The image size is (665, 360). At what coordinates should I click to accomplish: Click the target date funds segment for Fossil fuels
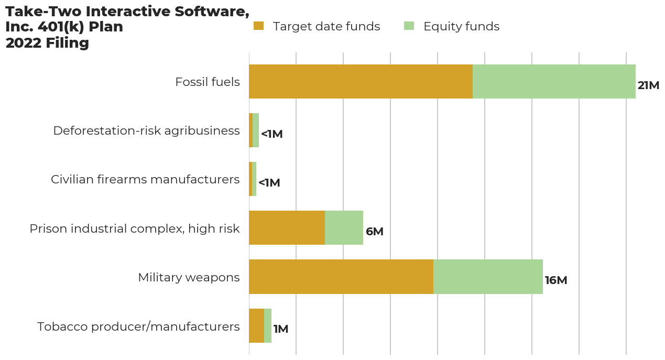(361, 82)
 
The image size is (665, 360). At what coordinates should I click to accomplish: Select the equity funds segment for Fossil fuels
(554, 82)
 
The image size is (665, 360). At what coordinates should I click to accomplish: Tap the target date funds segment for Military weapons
(341, 277)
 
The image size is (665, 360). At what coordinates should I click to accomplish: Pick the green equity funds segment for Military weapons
(488, 277)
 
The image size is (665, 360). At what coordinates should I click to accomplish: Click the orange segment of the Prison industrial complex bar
(287, 228)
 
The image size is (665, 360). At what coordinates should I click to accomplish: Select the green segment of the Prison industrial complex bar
(344, 228)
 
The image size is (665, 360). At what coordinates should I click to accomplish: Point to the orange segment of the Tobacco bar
(256, 325)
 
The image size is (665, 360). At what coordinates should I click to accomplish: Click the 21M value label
(648, 85)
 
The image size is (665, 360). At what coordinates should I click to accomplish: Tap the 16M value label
(556, 280)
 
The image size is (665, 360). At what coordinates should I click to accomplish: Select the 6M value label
(375, 232)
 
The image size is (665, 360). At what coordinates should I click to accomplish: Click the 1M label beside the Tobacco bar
(281, 329)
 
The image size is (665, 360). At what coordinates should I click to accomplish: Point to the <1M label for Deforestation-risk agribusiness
(271, 134)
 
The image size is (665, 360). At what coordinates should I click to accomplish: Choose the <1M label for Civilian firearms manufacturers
(269, 183)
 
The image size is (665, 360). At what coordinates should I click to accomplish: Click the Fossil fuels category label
(208, 82)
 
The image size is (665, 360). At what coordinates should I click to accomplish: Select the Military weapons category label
(189, 277)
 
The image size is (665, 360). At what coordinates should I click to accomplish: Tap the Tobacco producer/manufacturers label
(138, 326)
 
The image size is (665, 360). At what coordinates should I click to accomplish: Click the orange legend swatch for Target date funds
(259, 26)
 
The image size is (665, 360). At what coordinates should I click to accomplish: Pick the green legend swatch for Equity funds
(409, 26)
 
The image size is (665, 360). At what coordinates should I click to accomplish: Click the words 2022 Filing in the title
(47, 43)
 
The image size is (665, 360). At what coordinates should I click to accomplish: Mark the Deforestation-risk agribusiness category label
(146, 130)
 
